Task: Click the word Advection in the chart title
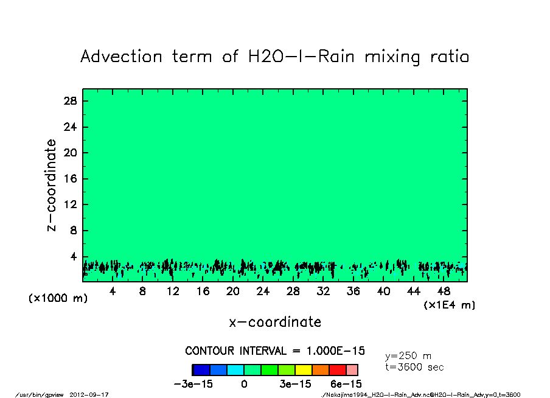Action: (122, 57)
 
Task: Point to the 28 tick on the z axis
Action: (70, 101)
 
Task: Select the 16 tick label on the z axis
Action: (70, 179)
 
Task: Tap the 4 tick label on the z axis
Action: (74, 257)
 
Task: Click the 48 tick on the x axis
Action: (444, 292)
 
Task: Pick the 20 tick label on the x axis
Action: (233, 292)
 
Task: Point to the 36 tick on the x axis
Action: (353, 292)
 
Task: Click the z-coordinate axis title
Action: (52, 185)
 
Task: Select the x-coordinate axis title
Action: (275, 322)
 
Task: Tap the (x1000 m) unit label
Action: (55, 299)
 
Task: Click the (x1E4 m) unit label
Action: (449, 305)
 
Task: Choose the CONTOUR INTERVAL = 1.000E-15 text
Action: (275, 351)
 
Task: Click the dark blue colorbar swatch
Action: (201, 369)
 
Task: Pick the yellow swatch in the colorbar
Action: (303, 369)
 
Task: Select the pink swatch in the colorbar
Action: (352, 369)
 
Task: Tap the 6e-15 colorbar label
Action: (346, 385)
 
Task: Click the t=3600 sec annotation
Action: (414, 368)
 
